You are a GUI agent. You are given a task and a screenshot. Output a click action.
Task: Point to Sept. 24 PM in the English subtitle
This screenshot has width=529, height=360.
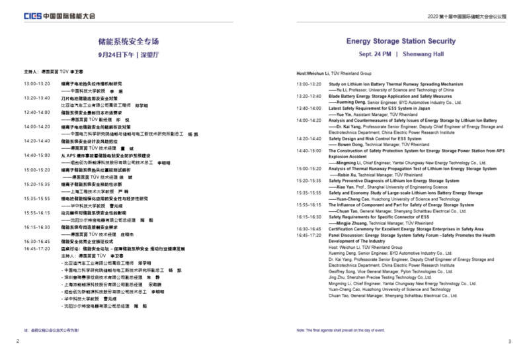(x=375, y=54)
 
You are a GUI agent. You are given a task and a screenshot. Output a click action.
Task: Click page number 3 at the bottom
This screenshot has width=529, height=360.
(x=509, y=341)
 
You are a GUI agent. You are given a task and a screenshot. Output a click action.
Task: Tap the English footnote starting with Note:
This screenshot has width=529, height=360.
(x=342, y=329)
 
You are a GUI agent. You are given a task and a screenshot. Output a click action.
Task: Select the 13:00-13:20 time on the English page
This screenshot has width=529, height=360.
(x=309, y=85)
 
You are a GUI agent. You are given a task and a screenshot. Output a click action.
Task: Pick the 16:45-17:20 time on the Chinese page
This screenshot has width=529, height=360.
(x=36, y=249)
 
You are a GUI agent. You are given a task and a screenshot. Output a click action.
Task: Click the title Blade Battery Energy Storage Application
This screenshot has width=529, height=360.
(x=390, y=97)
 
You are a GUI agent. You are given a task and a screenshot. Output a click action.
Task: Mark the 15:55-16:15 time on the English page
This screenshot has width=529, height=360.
(x=309, y=204)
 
